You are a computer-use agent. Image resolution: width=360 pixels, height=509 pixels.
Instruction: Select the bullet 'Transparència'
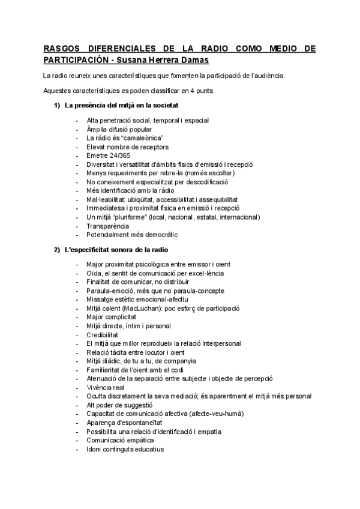click(107, 226)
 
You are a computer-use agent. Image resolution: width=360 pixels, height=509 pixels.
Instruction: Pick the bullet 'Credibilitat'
click(102, 334)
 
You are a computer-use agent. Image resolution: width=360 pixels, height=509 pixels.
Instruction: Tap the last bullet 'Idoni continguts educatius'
click(125, 449)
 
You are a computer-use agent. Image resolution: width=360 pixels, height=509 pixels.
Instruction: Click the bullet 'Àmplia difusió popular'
click(119, 129)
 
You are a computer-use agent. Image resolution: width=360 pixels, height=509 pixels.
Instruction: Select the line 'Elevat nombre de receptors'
click(127, 146)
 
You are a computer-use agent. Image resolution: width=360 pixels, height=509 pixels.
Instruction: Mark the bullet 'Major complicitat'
click(111, 316)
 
